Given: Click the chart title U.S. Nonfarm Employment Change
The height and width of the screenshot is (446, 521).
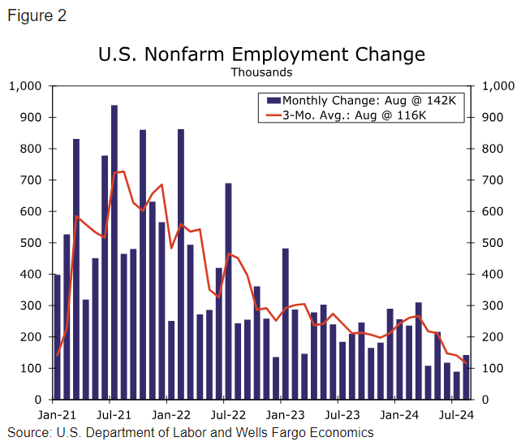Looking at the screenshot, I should pos(260,54).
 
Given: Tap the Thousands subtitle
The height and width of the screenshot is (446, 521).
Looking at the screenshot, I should pos(260,72).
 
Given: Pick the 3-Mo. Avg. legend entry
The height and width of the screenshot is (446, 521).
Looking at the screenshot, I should pos(357,115).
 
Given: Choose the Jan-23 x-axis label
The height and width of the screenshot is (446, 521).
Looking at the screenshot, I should pos(281,413).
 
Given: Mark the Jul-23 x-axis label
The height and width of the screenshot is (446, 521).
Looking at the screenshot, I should pos(338,413).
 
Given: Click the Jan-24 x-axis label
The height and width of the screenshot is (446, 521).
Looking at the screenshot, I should pos(395,413).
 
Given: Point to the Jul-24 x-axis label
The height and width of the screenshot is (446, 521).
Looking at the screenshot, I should pos(452,413).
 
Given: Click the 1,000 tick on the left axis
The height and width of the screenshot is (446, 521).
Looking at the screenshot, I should pos(25,86).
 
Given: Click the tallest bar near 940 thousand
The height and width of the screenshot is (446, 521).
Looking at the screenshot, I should pos(114,252).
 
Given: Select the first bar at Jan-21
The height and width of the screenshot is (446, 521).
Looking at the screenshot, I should pos(57,337).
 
